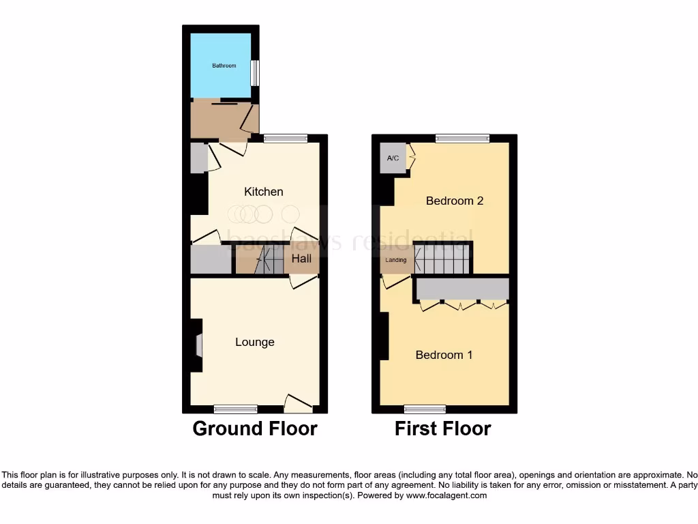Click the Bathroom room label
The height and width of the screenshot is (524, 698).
pos(224,65)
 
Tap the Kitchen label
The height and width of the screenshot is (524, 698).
pos(264,192)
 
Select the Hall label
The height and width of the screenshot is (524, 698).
pos(301,259)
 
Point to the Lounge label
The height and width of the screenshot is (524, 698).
pos(255,342)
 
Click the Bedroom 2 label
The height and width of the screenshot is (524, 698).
pos(455,201)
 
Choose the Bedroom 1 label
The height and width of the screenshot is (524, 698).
pos(444,355)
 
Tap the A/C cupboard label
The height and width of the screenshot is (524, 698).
pos(393,158)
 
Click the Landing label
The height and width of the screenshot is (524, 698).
pos(396,260)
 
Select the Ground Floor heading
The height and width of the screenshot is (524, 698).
pos(254,428)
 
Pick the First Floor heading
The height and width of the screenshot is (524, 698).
pos(443,428)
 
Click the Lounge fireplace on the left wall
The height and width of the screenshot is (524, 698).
pos(198,345)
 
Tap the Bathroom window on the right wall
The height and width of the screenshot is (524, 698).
pos(255,74)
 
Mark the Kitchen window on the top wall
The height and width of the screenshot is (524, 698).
pos(286,139)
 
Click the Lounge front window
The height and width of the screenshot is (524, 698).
pos(235,409)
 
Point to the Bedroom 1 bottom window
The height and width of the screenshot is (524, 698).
pos(425,409)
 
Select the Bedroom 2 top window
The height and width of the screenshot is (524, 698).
pos(463,139)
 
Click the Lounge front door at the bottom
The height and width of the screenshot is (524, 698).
pos(299,404)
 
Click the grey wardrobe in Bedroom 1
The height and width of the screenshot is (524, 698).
pos(461,289)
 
